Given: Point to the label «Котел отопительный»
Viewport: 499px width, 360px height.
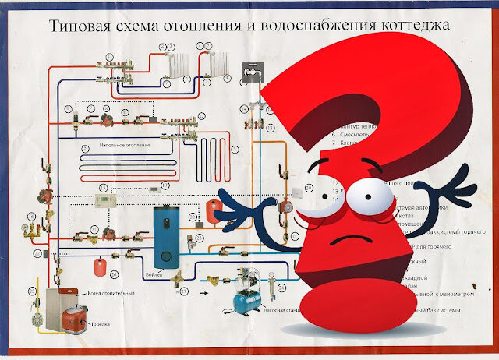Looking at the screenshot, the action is (113, 292).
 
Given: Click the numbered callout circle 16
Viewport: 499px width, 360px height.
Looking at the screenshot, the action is (31, 215).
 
